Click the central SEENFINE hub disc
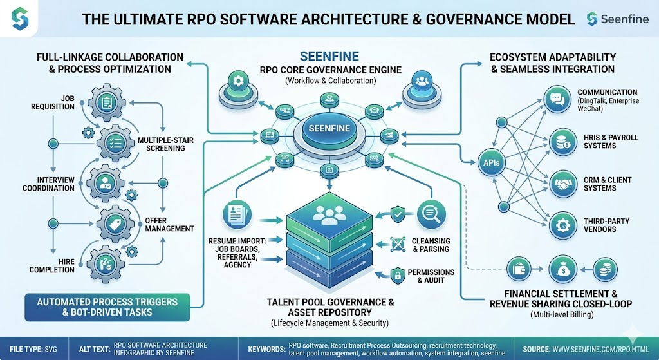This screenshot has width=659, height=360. point(329,128)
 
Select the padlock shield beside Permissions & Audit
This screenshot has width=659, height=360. point(399,274)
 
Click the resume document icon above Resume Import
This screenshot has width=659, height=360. point(235,214)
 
